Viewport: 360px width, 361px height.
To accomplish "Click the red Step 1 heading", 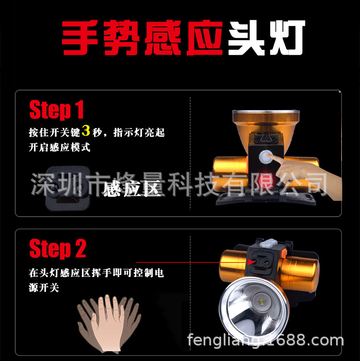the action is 57,110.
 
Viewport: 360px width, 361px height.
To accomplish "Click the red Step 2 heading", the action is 58,249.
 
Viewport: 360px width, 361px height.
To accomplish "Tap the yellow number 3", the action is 86,130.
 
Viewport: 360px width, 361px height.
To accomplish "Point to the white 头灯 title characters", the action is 267,37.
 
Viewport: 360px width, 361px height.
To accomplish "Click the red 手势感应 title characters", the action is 143,38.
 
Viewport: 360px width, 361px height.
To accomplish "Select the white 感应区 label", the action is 132,188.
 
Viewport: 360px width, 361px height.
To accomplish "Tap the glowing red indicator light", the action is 263,181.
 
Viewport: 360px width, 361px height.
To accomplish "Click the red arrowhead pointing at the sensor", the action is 251,262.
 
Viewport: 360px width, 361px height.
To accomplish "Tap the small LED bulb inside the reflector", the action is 261,302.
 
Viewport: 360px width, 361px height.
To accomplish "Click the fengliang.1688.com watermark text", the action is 265,340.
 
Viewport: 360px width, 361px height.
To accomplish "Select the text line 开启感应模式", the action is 60,147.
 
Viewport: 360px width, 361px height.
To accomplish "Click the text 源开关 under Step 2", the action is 44,287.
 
